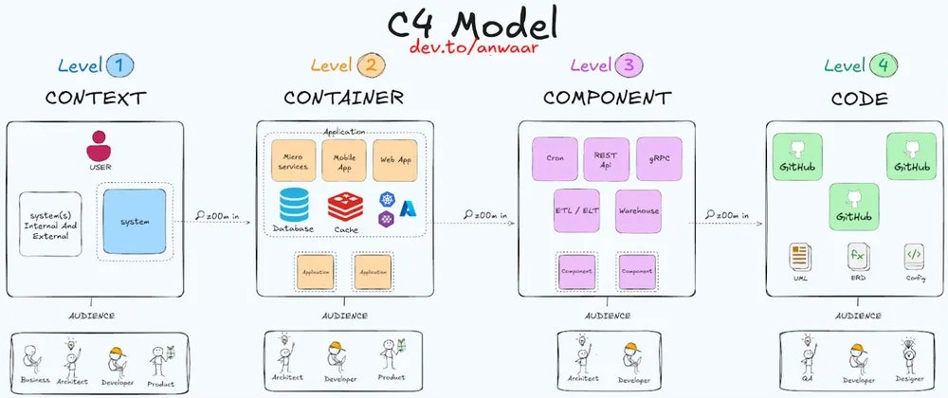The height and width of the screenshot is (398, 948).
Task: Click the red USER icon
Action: tap(100, 147)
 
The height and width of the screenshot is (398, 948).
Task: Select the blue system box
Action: tap(135, 221)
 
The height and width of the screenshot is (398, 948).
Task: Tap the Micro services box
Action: tap(293, 161)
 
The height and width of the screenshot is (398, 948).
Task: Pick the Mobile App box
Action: tap(343, 161)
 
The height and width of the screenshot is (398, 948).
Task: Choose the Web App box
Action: tap(394, 161)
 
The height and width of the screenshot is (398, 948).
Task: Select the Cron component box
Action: tap(556, 159)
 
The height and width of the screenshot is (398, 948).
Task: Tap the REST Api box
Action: tap(605, 159)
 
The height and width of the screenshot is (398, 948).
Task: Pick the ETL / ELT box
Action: tap(577, 210)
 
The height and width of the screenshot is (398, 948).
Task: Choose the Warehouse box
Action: tap(637, 210)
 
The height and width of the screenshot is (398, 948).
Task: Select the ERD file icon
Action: tap(857, 256)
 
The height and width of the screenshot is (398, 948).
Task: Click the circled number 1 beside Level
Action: tap(120, 65)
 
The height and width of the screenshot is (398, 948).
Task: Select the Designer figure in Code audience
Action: tap(909, 355)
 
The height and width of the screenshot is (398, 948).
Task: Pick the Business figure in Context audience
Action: tap(34, 359)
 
